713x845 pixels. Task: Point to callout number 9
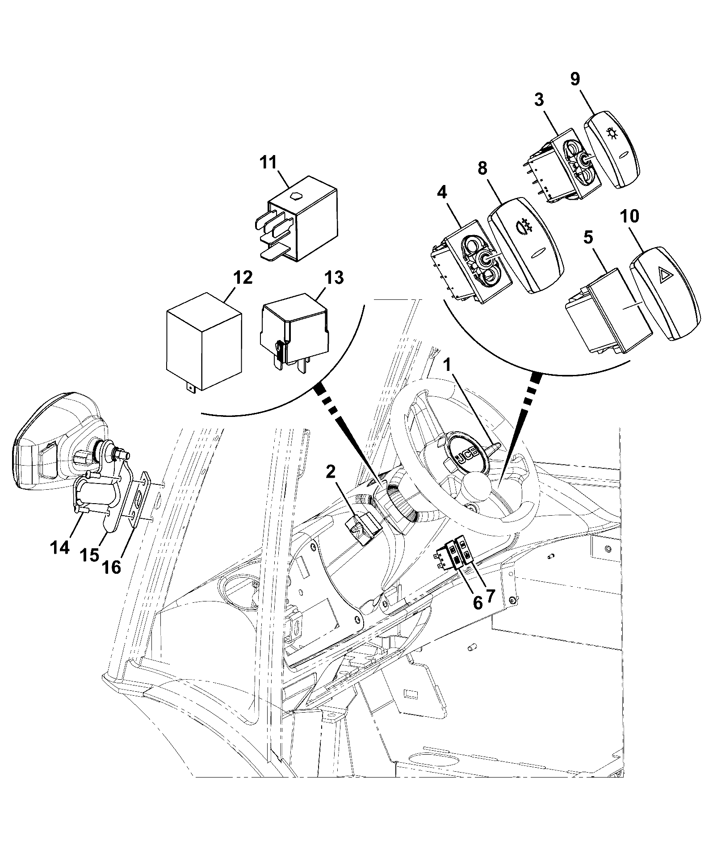575,79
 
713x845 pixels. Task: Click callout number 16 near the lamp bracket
111,567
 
